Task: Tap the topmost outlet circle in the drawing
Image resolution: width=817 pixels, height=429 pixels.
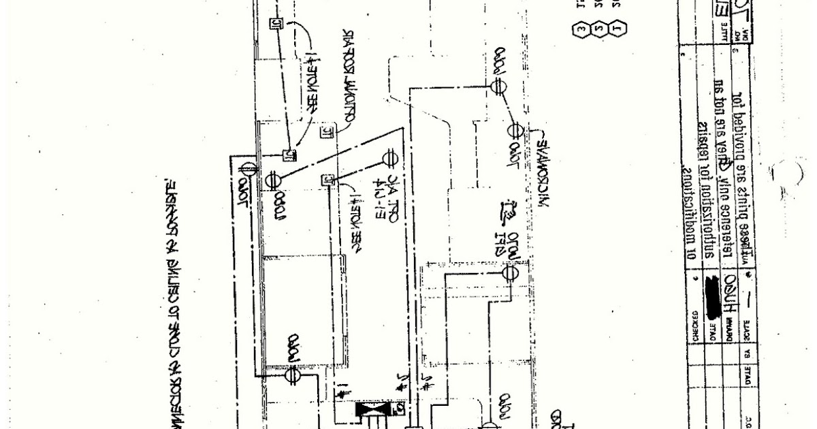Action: point(496,86)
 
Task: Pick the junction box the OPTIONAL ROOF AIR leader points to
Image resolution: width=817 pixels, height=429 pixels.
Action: point(325,129)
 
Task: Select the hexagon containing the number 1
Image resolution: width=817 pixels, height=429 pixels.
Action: point(619,29)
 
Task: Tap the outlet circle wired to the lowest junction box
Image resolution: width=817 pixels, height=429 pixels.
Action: point(390,157)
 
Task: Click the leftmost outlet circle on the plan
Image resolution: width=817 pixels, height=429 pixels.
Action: point(248,169)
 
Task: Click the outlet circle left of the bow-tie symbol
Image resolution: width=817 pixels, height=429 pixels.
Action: point(293,373)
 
